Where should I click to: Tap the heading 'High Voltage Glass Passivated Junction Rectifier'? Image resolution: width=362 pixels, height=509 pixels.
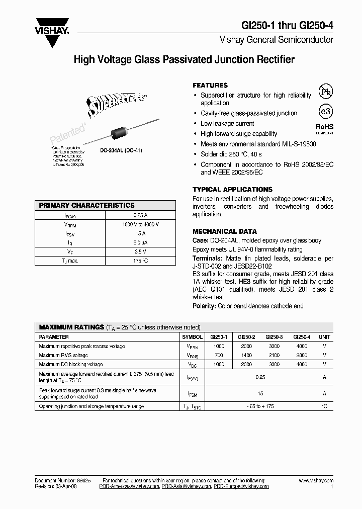(x=184, y=60)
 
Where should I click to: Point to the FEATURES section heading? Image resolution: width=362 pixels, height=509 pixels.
(x=210, y=86)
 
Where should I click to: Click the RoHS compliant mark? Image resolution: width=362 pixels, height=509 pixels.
(x=324, y=129)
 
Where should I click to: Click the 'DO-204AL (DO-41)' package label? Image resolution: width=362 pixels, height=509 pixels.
(x=118, y=150)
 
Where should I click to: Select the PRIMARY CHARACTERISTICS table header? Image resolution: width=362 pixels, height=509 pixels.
(x=87, y=205)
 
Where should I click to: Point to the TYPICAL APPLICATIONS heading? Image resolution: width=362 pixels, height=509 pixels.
(x=232, y=190)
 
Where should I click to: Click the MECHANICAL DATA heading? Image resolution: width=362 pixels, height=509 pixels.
(x=225, y=231)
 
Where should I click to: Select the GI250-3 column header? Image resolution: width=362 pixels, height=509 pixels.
(x=274, y=337)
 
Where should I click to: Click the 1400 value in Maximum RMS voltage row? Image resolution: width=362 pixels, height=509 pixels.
(x=246, y=355)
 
